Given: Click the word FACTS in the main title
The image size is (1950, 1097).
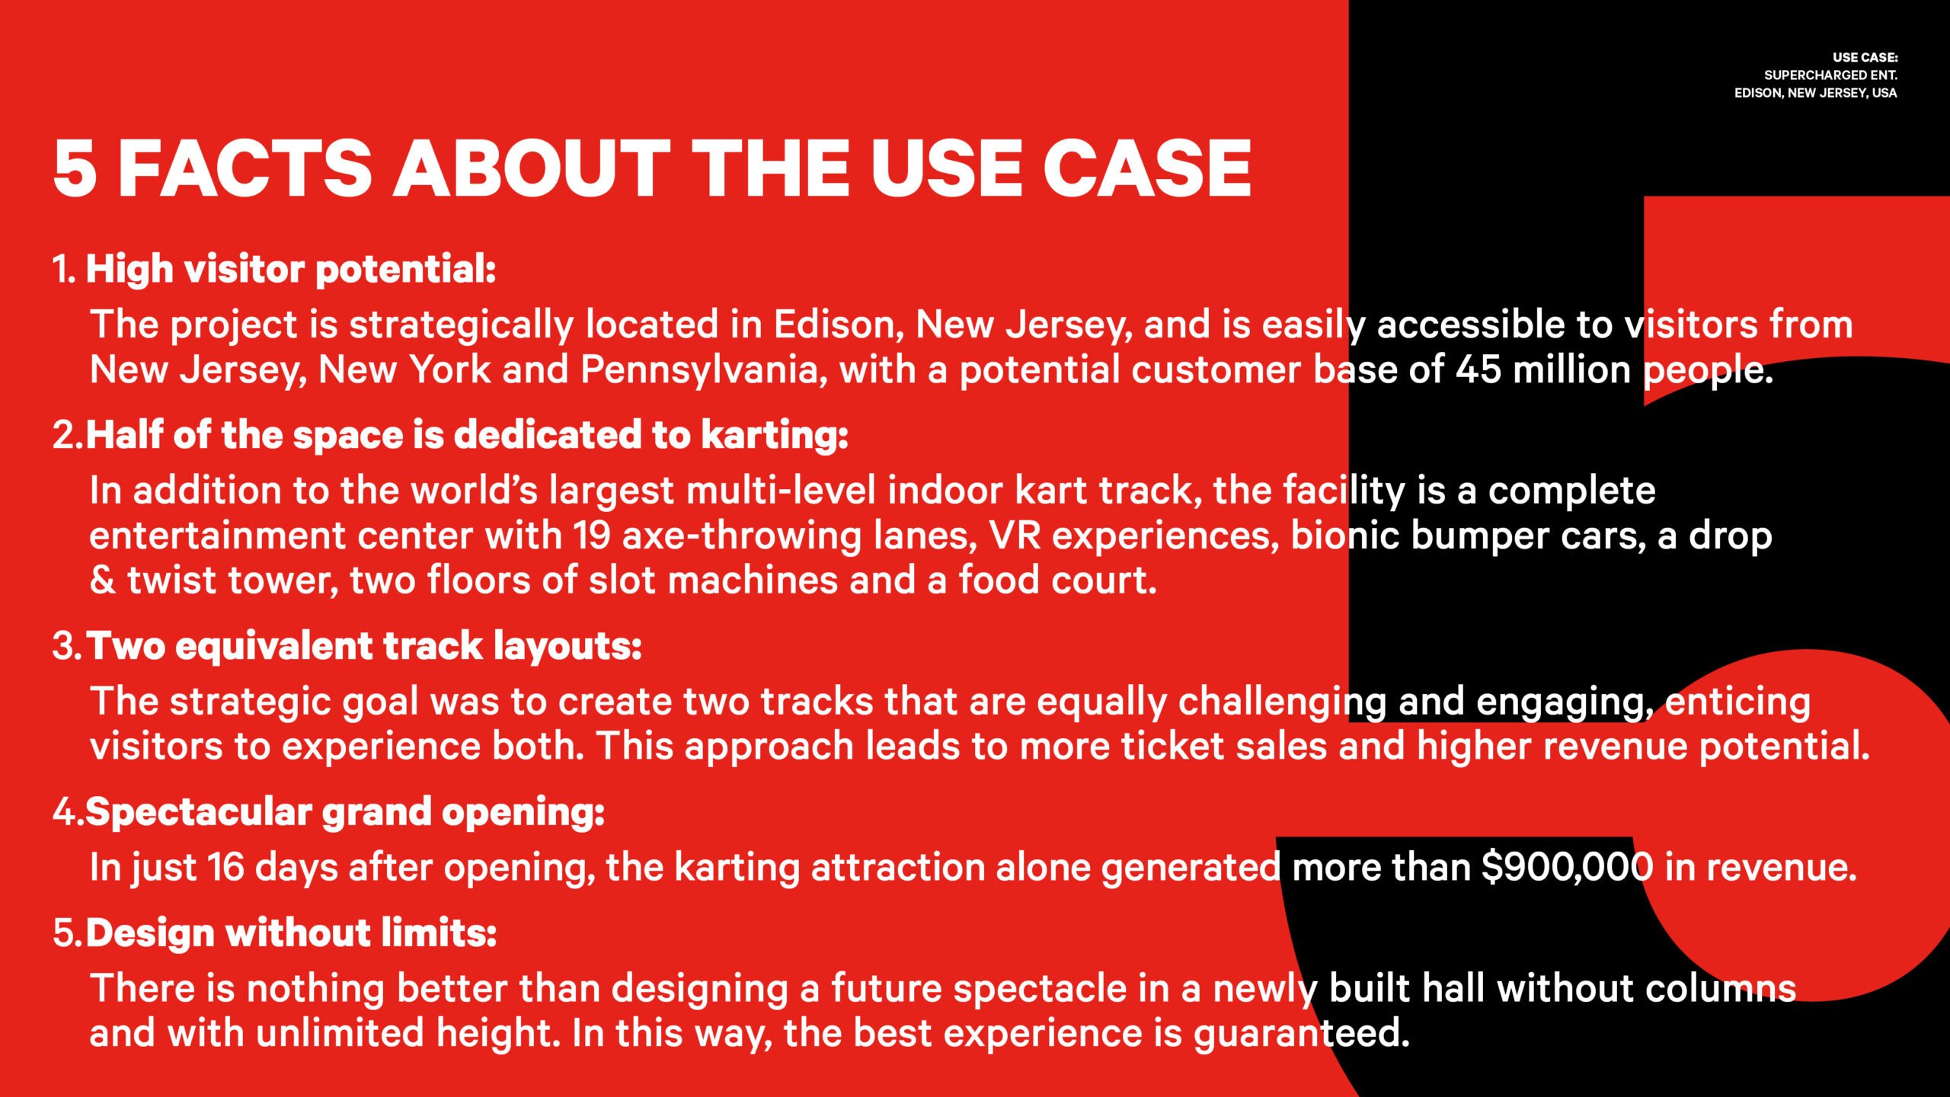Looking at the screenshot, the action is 245,168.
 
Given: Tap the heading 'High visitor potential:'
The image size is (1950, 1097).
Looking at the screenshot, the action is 291,270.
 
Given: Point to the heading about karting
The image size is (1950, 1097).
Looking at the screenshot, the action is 467,435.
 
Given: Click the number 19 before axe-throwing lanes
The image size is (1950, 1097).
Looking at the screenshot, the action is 592,536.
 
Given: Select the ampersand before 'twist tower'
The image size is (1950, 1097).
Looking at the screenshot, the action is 102,580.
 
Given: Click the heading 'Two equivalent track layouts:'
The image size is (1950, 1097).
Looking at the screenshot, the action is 364,647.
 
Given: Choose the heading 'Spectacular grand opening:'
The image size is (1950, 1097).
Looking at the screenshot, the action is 345,812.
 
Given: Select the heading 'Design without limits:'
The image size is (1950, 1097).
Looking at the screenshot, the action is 292,933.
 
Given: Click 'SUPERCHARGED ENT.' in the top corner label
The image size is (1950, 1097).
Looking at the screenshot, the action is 1830,75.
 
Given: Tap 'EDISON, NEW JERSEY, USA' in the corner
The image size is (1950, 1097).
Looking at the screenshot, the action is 1816,93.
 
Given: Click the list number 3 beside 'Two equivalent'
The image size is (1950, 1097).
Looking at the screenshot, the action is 65,647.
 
